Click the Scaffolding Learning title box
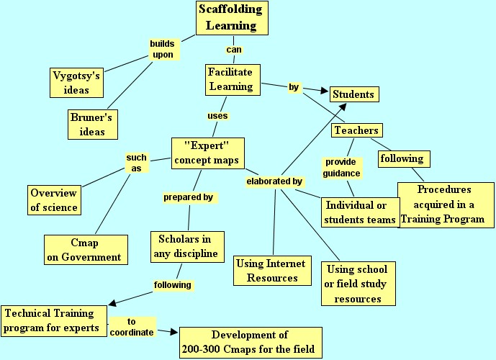pyautogui.click(x=232, y=17)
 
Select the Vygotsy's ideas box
pyautogui.click(x=78, y=82)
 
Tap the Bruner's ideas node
pyautogui.click(x=93, y=123)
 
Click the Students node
pyautogui.click(x=353, y=94)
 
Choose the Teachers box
pyautogui.click(x=356, y=130)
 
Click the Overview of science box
pyautogui.click(x=54, y=199)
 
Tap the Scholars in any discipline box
pyautogui.click(x=187, y=246)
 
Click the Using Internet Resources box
pyautogui.click(x=271, y=270)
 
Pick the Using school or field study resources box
pyautogui.click(x=358, y=283)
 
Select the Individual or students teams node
pyautogui.click(x=360, y=212)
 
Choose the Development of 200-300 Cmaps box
pyautogui.click(x=250, y=342)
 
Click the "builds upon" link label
pyautogui.click(x=162, y=49)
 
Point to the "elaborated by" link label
pyautogui.click(x=274, y=181)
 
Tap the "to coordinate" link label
pyautogui.click(x=131, y=327)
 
